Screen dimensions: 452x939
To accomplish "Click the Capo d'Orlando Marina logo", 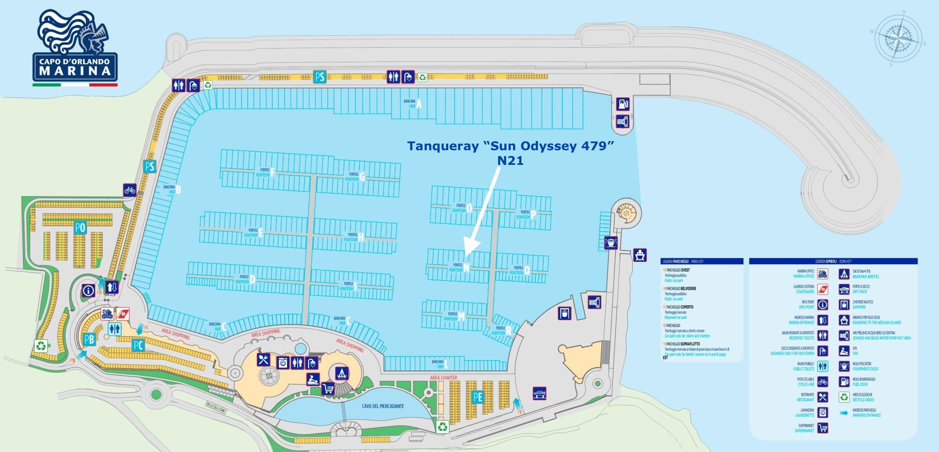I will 75,48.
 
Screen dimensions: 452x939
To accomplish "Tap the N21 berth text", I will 510,161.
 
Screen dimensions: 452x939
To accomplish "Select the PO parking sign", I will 80,227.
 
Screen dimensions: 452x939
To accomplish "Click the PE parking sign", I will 478,397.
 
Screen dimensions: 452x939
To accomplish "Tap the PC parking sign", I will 138,345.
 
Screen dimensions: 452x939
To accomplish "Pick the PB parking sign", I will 89,339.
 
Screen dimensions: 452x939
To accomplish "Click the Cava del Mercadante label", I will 382,406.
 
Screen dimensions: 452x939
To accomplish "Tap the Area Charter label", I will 443,378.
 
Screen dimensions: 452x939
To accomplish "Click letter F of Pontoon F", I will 272,173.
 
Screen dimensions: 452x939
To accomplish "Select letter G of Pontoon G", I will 362,177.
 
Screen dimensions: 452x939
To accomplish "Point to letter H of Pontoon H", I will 361,237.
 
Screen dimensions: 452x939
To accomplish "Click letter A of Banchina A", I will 419,104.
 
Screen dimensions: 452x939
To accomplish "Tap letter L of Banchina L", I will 446,365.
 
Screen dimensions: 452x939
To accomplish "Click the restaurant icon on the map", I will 263,359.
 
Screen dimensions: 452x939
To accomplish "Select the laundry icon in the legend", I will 823,412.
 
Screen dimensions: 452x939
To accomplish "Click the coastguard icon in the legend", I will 823,289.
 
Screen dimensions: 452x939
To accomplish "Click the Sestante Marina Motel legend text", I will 866,274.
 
